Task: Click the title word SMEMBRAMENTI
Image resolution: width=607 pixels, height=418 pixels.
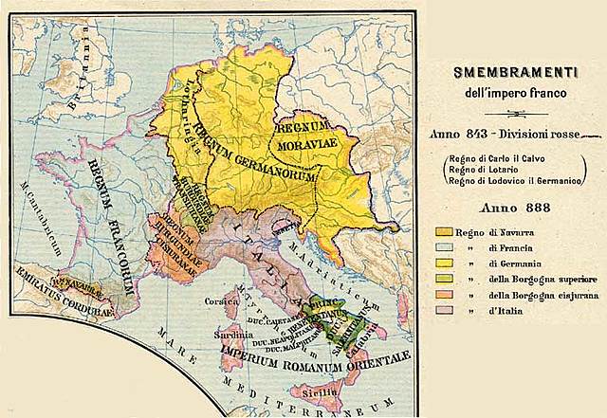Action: click(x=510, y=71)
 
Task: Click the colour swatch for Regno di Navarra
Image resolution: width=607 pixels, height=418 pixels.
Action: click(x=443, y=231)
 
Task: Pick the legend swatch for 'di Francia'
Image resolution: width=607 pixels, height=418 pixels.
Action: click(x=443, y=247)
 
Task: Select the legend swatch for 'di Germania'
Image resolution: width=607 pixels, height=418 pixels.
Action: click(x=443, y=263)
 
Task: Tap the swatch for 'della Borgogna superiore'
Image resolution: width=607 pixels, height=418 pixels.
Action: click(x=443, y=279)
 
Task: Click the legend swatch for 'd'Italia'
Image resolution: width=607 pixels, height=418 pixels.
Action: click(x=443, y=310)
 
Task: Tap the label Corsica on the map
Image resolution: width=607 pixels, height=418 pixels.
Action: click(x=220, y=300)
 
